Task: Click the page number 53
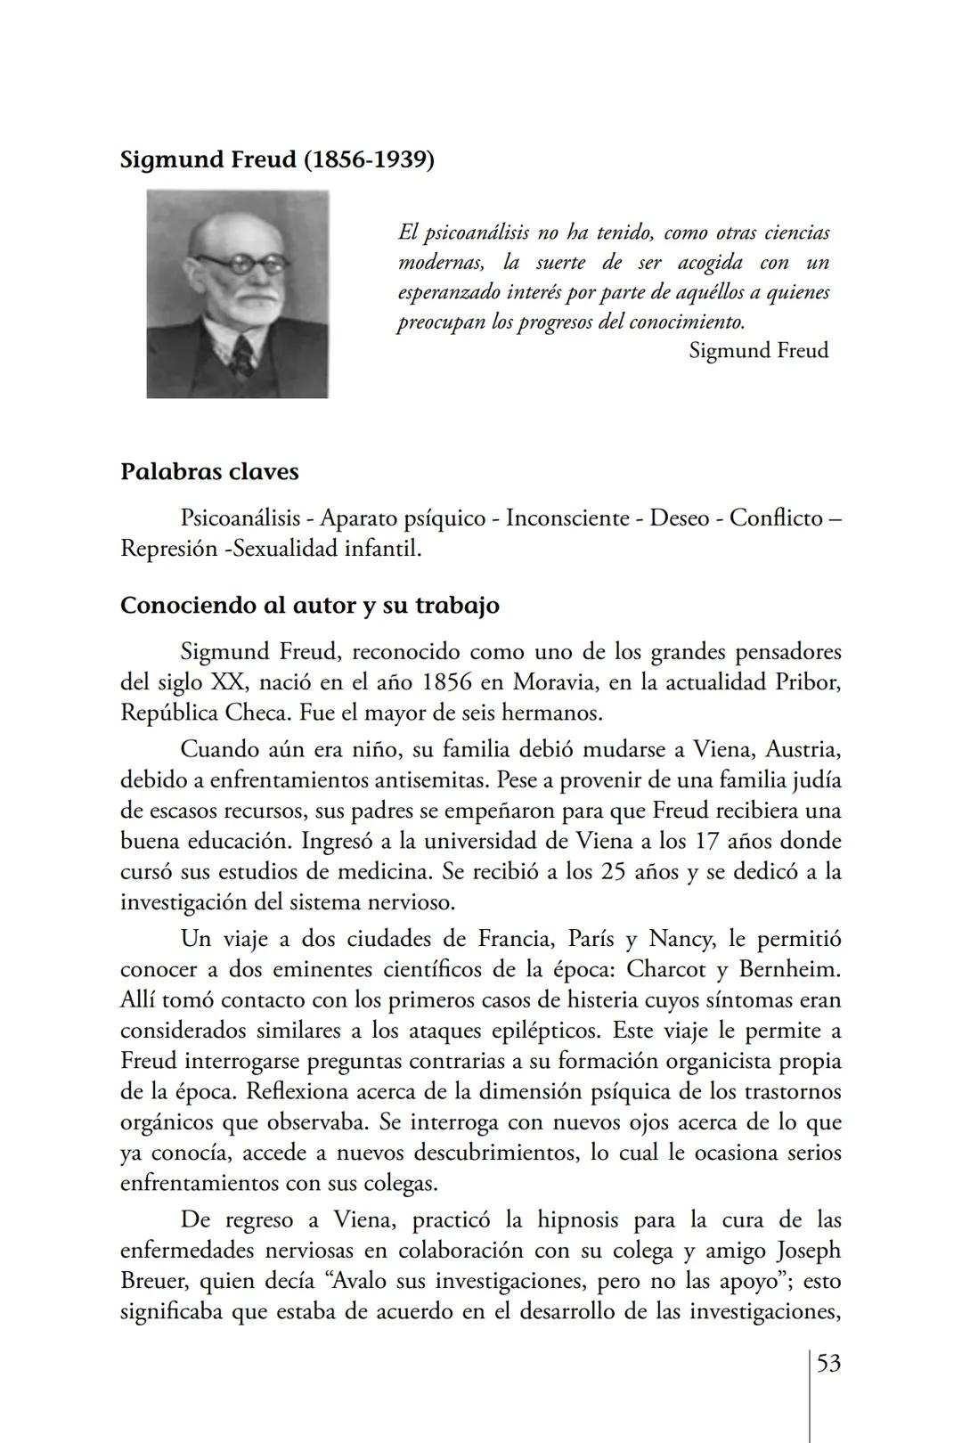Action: (x=828, y=1364)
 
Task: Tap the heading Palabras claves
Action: (x=209, y=471)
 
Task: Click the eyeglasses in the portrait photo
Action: (x=241, y=265)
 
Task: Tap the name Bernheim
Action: (x=790, y=969)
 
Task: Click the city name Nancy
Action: (x=680, y=939)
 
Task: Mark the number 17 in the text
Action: (x=701, y=841)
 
